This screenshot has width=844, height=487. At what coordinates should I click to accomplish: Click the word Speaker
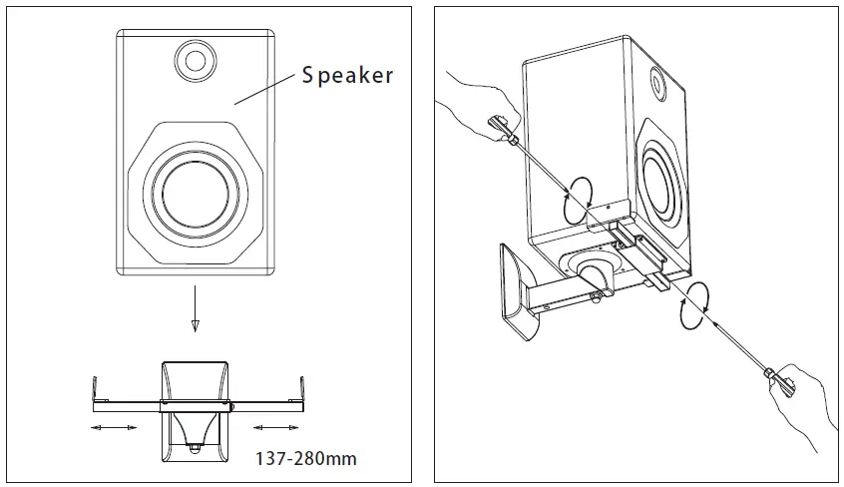347,75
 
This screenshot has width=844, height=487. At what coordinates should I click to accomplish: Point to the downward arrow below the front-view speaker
195,313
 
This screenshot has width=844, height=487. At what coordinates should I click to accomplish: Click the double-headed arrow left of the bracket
114,427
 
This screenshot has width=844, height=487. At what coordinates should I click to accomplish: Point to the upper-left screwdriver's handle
500,128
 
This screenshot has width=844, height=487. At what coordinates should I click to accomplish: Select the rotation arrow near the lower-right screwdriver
699,298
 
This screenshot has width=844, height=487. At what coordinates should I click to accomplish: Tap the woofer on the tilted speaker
657,181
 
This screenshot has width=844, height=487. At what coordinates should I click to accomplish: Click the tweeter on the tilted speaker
657,79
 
